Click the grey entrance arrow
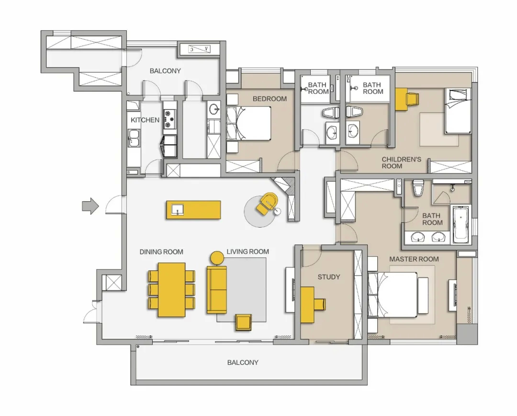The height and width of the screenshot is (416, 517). [x=90, y=207]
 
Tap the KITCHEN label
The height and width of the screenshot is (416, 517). [x=145, y=120]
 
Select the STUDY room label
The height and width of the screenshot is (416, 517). [x=329, y=277]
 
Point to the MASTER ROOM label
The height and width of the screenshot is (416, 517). [x=414, y=259]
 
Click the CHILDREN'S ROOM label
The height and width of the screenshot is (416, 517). [x=401, y=162]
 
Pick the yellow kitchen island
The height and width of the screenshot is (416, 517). [x=193, y=209]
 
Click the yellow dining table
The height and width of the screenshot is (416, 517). [x=171, y=289]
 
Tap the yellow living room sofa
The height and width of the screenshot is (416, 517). [x=217, y=289]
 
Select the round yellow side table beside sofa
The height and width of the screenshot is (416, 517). [x=217, y=258]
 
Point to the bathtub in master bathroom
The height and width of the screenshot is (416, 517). [x=461, y=224]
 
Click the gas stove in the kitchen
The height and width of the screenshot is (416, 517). [x=169, y=119]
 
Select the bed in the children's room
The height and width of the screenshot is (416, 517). [x=457, y=111]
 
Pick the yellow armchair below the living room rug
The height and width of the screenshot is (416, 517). [x=244, y=322]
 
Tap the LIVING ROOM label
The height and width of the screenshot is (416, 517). [x=247, y=252]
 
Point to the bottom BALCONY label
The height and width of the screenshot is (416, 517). [x=243, y=362]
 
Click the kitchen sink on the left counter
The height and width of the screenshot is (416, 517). [x=134, y=138]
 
